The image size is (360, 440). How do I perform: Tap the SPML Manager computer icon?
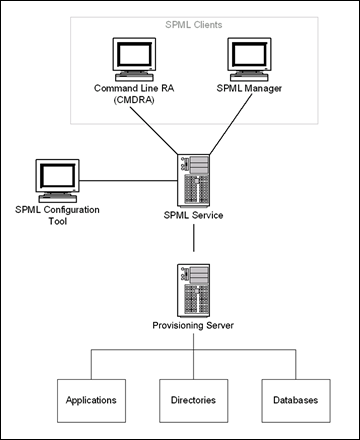[x=246, y=60]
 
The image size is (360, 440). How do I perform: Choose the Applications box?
[x=91, y=400]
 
